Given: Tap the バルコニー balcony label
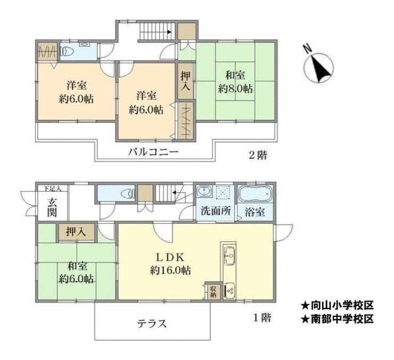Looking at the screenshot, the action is [x=153, y=152].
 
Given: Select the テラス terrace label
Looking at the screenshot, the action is [x=152, y=323].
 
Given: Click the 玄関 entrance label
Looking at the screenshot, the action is [x=52, y=208].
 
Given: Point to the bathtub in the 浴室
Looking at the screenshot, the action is [x=255, y=194].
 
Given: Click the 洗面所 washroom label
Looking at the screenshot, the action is [x=216, y=211].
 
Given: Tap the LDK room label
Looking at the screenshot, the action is [x=170, y=257].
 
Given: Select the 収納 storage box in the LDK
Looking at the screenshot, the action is [x=214, y=292].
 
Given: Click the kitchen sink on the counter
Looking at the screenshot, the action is [x=230, y=256].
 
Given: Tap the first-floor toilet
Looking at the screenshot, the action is [x=128, y=194].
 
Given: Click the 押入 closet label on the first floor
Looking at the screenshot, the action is [x=76, y=232].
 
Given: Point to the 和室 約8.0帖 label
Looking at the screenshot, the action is [x=235, y=82].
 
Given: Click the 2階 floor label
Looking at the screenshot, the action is [x=258, y=156].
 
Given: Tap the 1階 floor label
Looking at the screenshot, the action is [x=262, y=318].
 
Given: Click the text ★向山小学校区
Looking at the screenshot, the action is [x=337, y=306].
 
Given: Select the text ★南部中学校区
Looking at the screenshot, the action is [x=337, y=319].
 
